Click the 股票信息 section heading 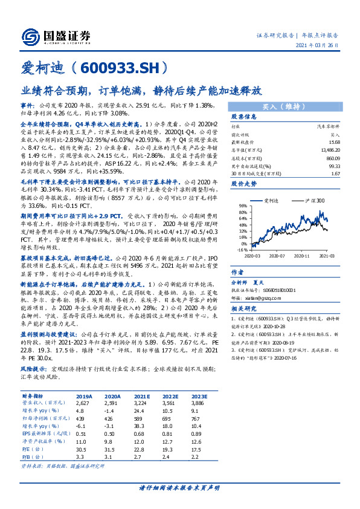(x=244, y=117)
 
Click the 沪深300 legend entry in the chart (x=315, y=200)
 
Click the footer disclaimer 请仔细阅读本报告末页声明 (x=179, y=488)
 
